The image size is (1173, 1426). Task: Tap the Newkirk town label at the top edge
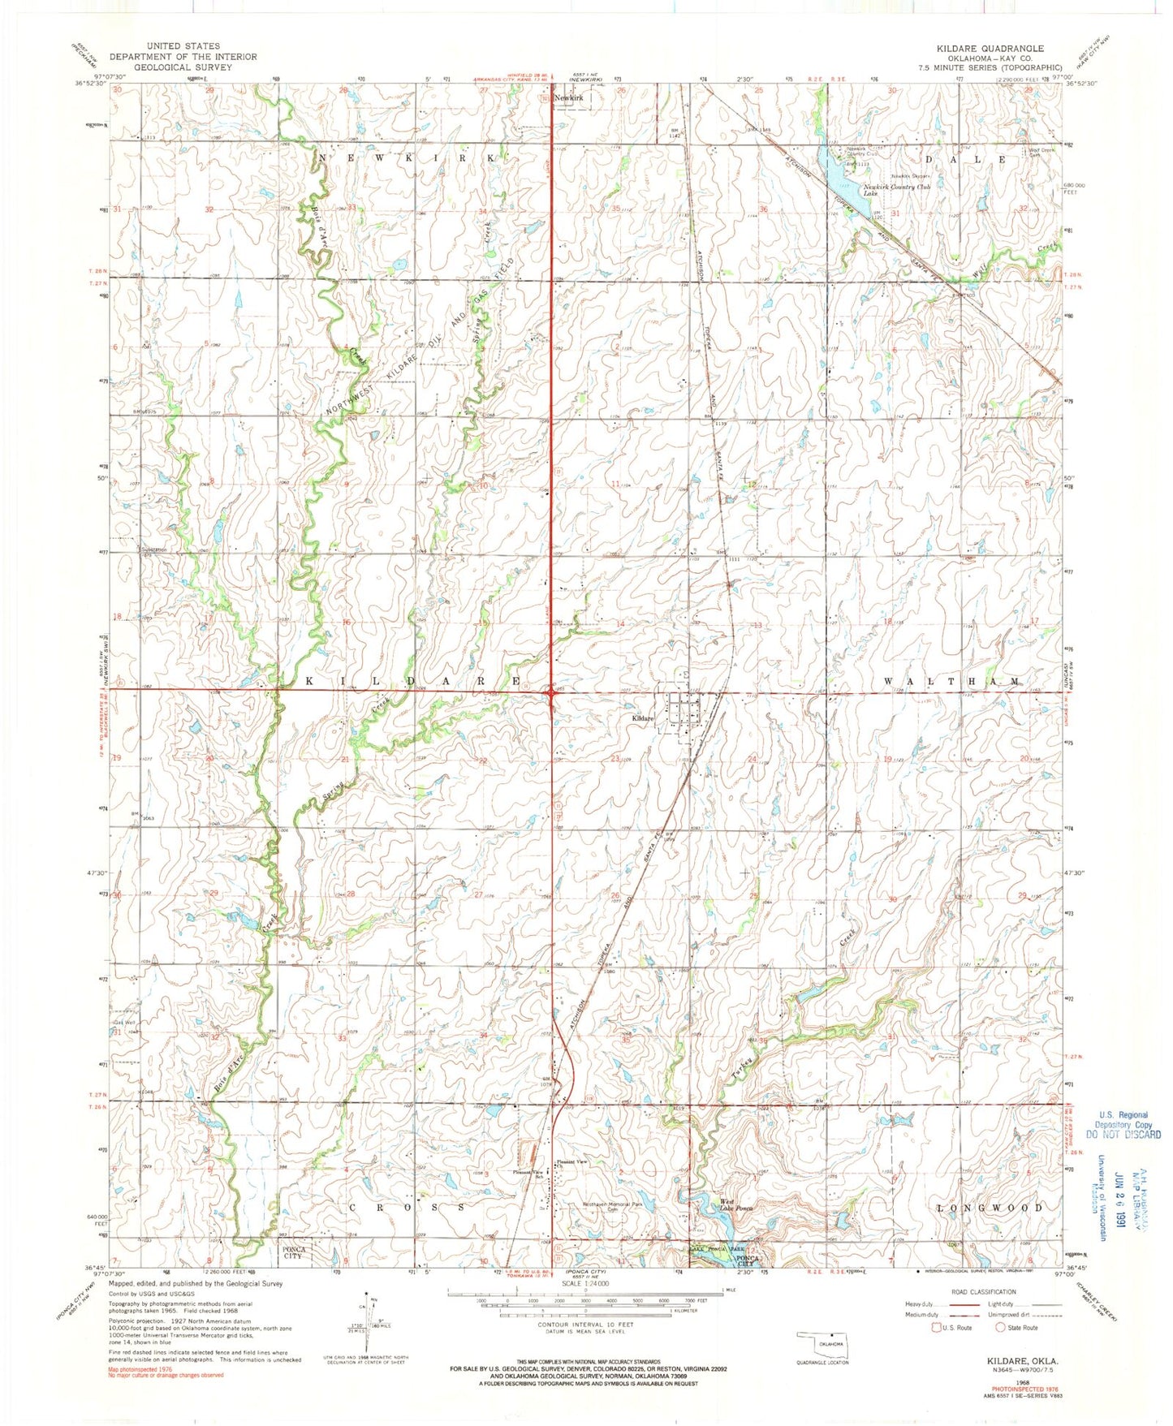pyautogui.click(x=568, y=97)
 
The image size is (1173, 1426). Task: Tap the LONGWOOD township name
pyautogui.click(x=990, y=1208)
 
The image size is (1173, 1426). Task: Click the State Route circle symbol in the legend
pyautogui.click(x=1000, y=1328)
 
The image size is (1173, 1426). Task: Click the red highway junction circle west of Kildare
pyautogui.click(x=553, y=691)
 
